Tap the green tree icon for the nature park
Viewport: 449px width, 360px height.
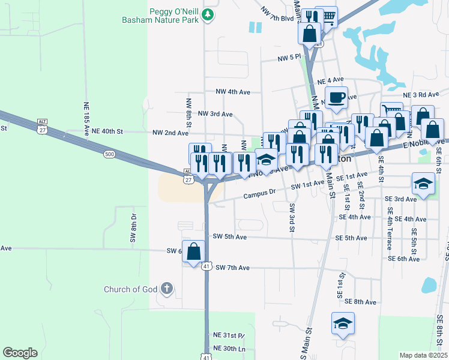pyautogui.click(x=208, y=14)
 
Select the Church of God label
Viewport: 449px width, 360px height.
pyautogui.click(x=130, y=289)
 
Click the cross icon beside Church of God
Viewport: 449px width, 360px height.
pyautogui.click(x=166, y=289)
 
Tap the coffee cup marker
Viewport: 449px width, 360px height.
pyautogui.click(x=336, y=97)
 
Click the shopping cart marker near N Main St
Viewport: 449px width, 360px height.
pyautogui.click(x=327, y=17)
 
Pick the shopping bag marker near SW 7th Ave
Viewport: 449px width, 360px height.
pyautogui.click(x=193, y=252)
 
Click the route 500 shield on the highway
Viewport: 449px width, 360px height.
pyautogui.click(x=109, y=154)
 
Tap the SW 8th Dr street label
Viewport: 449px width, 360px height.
pyautogui.click(x=133, y=227)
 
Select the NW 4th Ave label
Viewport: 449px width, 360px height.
pyautogui.click(x=232, y=92)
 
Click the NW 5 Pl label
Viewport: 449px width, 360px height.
pyautogui.click(x=289, y=58)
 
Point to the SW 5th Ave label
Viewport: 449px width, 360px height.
pyautogui.click(x=229, y=237)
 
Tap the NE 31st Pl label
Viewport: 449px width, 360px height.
pyautogui.click(x=229, y=335)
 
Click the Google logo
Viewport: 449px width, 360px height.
pyautogui.click(x=20, y=352)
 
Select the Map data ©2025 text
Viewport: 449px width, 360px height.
pyautogui.click(x=423, y=355)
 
